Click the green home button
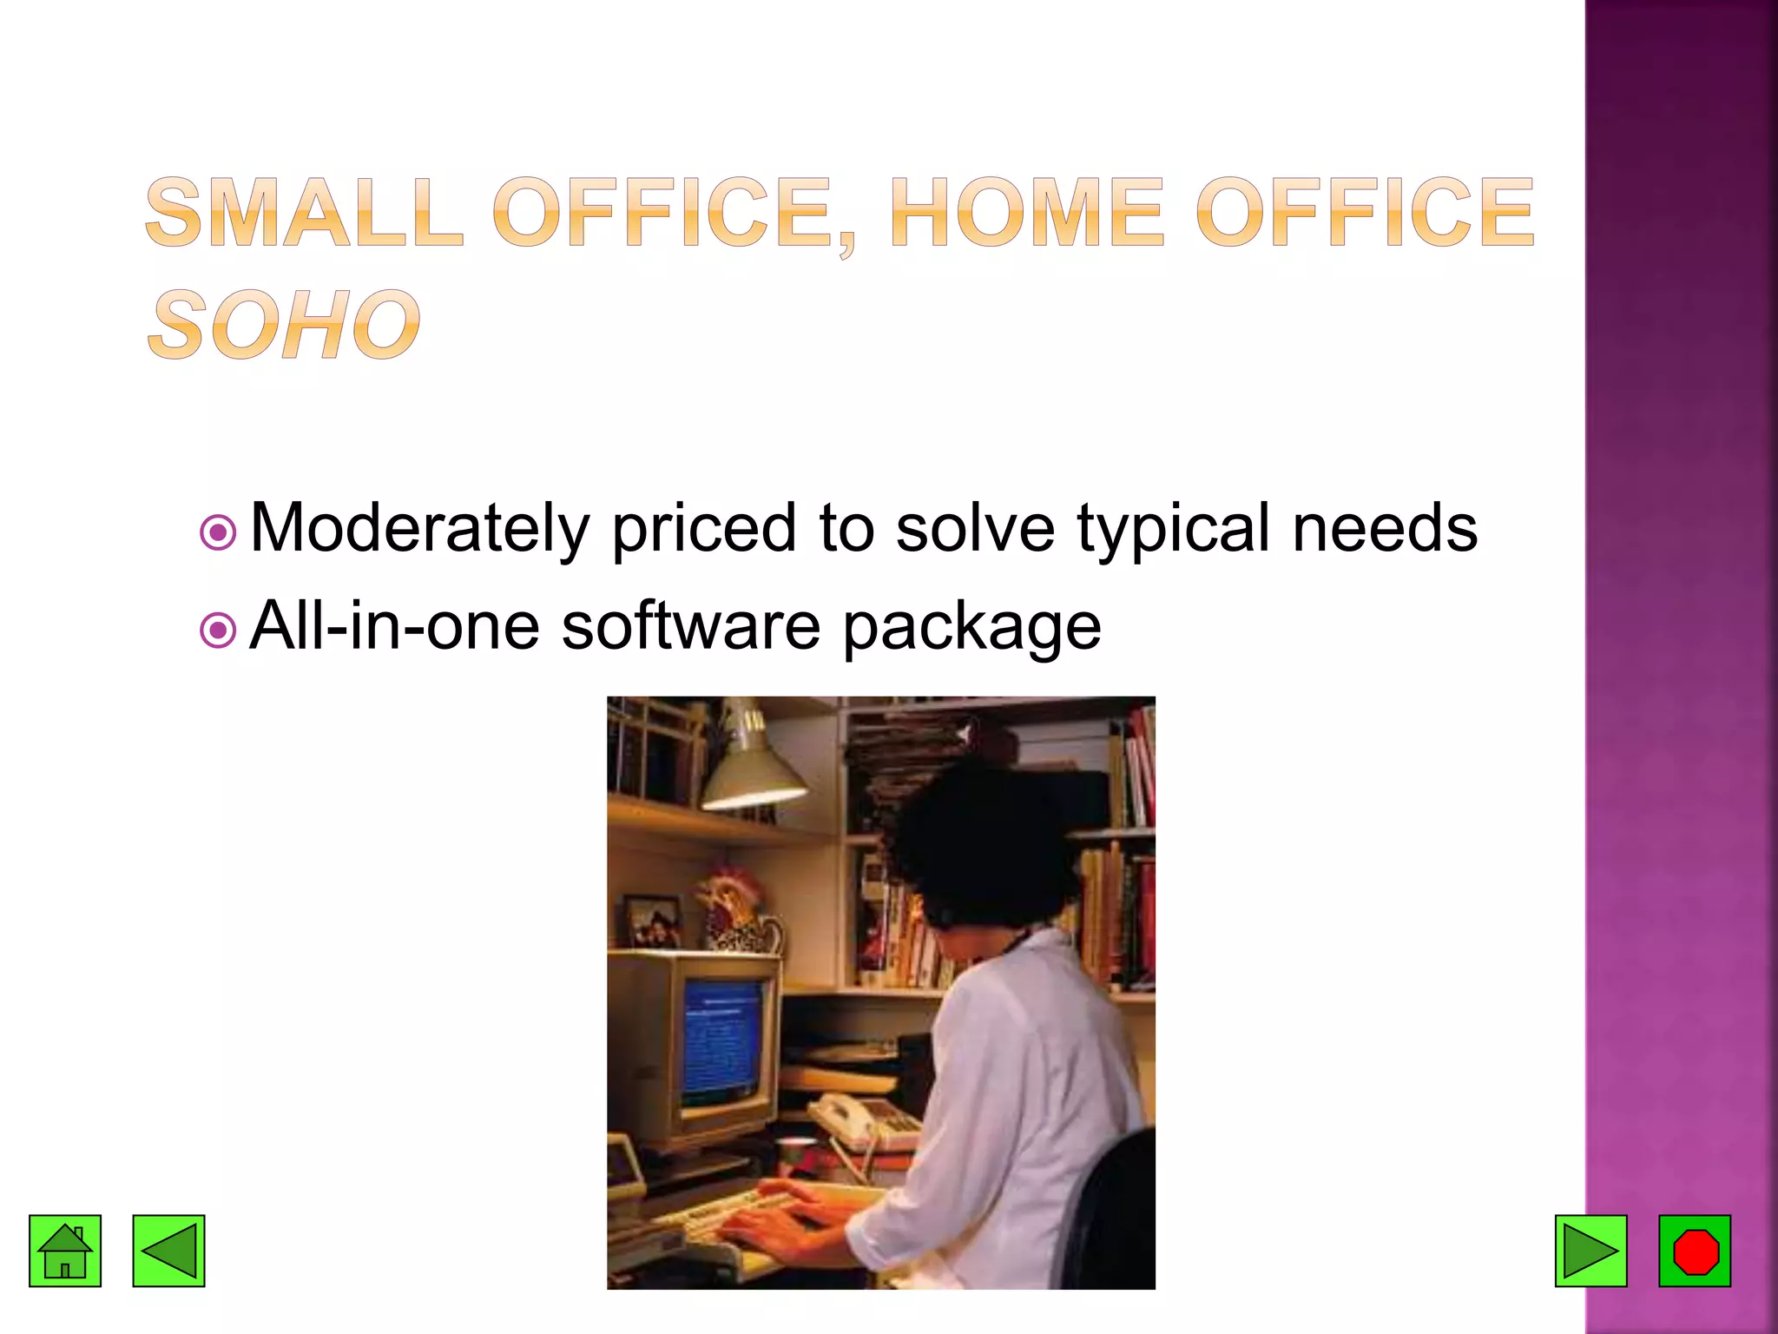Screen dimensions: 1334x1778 65,1251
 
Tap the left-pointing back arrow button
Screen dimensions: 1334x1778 168,1251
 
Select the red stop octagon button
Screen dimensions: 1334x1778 1695,1251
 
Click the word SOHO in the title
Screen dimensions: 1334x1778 284,325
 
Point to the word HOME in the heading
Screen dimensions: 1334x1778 1026,213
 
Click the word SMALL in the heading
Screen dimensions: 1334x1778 305,213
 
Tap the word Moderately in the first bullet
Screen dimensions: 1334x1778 419,528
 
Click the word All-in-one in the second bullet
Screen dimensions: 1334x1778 394,625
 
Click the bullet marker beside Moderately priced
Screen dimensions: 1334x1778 218,532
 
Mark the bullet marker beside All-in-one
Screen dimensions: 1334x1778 218,630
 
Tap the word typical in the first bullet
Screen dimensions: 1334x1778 1173,528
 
